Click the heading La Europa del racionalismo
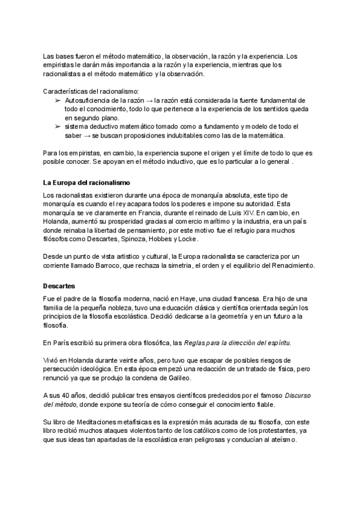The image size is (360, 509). [87, 182]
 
